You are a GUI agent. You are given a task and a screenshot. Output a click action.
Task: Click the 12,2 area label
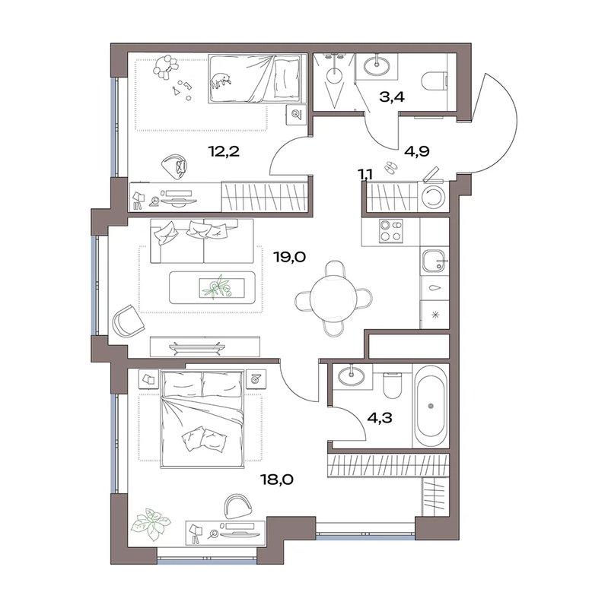pos(224,151)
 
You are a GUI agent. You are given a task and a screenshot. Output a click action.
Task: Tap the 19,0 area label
pos(290,257)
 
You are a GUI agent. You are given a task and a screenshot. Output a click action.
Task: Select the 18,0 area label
pos(277,480)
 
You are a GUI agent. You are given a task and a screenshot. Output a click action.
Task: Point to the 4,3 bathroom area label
pos(380,417)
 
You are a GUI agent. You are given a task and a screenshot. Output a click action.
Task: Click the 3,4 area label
pos(392,97)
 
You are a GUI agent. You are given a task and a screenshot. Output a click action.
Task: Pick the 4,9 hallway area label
pos(416,151)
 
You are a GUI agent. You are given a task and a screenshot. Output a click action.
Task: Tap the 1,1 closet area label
pos(366,175)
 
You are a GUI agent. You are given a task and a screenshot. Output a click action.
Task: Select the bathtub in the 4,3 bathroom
pos(430,406)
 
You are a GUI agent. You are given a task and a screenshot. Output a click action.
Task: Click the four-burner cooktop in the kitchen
pos(391,231)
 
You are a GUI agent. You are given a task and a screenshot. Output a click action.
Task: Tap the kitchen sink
pos(434,261)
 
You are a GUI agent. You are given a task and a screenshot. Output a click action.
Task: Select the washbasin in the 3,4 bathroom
pos(377,66)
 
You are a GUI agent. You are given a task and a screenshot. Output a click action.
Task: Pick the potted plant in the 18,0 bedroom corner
pos(151,524)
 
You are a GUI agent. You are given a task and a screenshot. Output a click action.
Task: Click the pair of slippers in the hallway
pos(390,167)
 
